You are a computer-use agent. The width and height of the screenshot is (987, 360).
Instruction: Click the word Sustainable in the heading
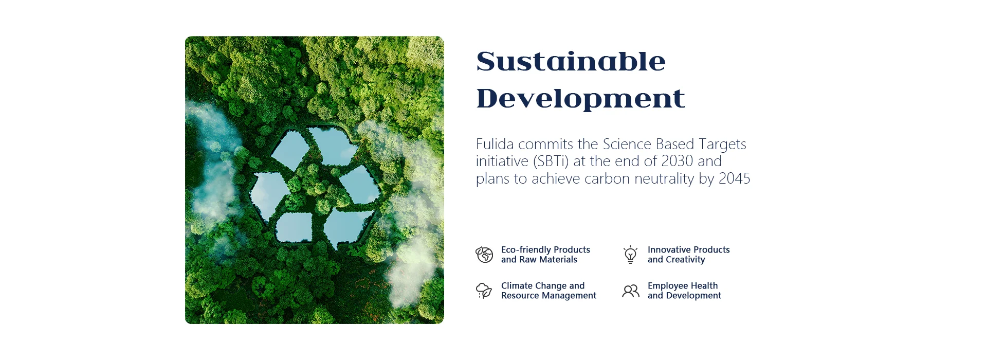point(571,61)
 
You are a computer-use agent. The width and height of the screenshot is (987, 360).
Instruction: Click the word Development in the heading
point(580,98)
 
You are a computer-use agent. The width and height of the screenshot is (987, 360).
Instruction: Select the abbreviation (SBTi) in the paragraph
point(551,161)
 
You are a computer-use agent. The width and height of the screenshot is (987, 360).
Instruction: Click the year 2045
point(734,179)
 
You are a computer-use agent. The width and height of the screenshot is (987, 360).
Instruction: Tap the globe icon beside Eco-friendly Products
point(484,255)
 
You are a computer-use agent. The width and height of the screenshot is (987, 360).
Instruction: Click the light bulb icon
point(630,255)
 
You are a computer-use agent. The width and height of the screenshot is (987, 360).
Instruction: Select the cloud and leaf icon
point(484,291)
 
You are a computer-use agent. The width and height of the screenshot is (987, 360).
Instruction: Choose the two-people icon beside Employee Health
point(631,291)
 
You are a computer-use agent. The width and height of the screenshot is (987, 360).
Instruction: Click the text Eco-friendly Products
point(545,249)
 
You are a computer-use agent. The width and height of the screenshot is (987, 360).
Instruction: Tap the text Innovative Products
point(688,249)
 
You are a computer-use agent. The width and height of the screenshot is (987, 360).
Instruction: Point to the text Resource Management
point(549,296)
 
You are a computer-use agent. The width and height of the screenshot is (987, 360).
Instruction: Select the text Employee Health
point(683,286)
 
